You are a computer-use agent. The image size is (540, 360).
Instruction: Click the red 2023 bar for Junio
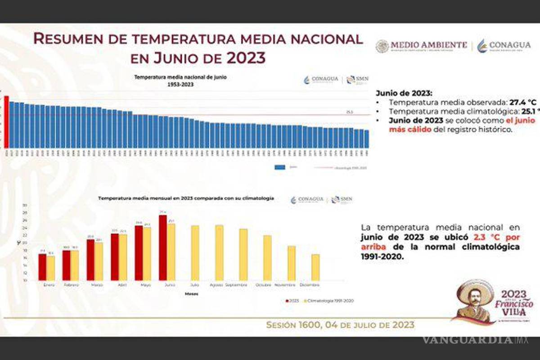click(x=163, y=247)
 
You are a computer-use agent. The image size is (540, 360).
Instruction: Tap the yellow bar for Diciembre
click(x=315, y=267)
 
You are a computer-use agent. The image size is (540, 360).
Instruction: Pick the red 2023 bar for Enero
click(x=42, y=267)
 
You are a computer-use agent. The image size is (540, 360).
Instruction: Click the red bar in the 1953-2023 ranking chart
click(x=6, y=122)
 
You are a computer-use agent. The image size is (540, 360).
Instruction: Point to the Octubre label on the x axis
click(x=264, y=285)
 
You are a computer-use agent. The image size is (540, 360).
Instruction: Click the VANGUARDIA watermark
click(x=468, y=339)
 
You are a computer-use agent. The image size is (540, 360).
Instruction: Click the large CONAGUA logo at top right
click(x=504, y=45)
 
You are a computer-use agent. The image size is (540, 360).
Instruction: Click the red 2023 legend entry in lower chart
click(x=293, y=301)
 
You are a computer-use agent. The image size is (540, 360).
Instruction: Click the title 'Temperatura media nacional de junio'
click(x=180, y=77)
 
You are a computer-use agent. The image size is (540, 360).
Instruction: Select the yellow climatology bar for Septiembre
click(x=243, y=255)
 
